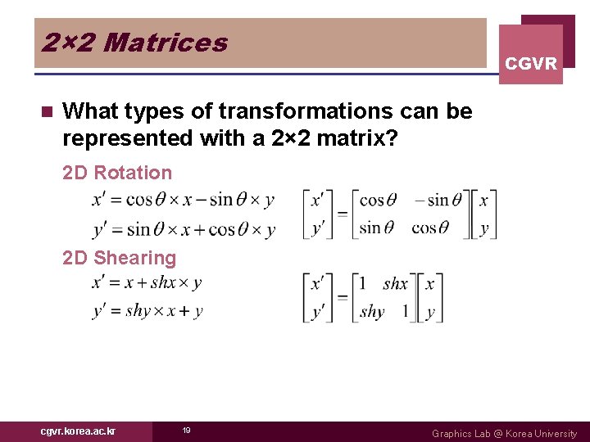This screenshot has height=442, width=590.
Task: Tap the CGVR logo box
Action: coord(531,54)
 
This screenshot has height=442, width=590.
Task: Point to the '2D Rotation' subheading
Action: coord(117,173)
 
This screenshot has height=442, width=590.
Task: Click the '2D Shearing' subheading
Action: coord(120,258)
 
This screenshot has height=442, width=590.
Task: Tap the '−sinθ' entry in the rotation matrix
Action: coord(438,200)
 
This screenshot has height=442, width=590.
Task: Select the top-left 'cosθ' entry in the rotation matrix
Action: coord(378,200)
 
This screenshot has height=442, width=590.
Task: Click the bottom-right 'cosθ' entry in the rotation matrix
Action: coord(430,228)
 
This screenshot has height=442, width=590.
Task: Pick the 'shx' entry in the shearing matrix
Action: coord(395,284)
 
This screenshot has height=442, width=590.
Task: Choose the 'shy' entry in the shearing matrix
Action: coord(372,311)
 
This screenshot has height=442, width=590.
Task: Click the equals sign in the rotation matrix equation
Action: coord(342,214)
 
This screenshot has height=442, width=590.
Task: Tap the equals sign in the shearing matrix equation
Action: coord(342,297)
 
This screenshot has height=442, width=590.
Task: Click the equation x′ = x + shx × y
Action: coord(147,283)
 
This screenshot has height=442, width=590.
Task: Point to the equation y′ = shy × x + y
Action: coord(147,310)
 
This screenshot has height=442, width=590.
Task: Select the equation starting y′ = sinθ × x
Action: coord(184,229)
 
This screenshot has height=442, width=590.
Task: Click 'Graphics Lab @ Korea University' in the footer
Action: coord(504,433)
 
